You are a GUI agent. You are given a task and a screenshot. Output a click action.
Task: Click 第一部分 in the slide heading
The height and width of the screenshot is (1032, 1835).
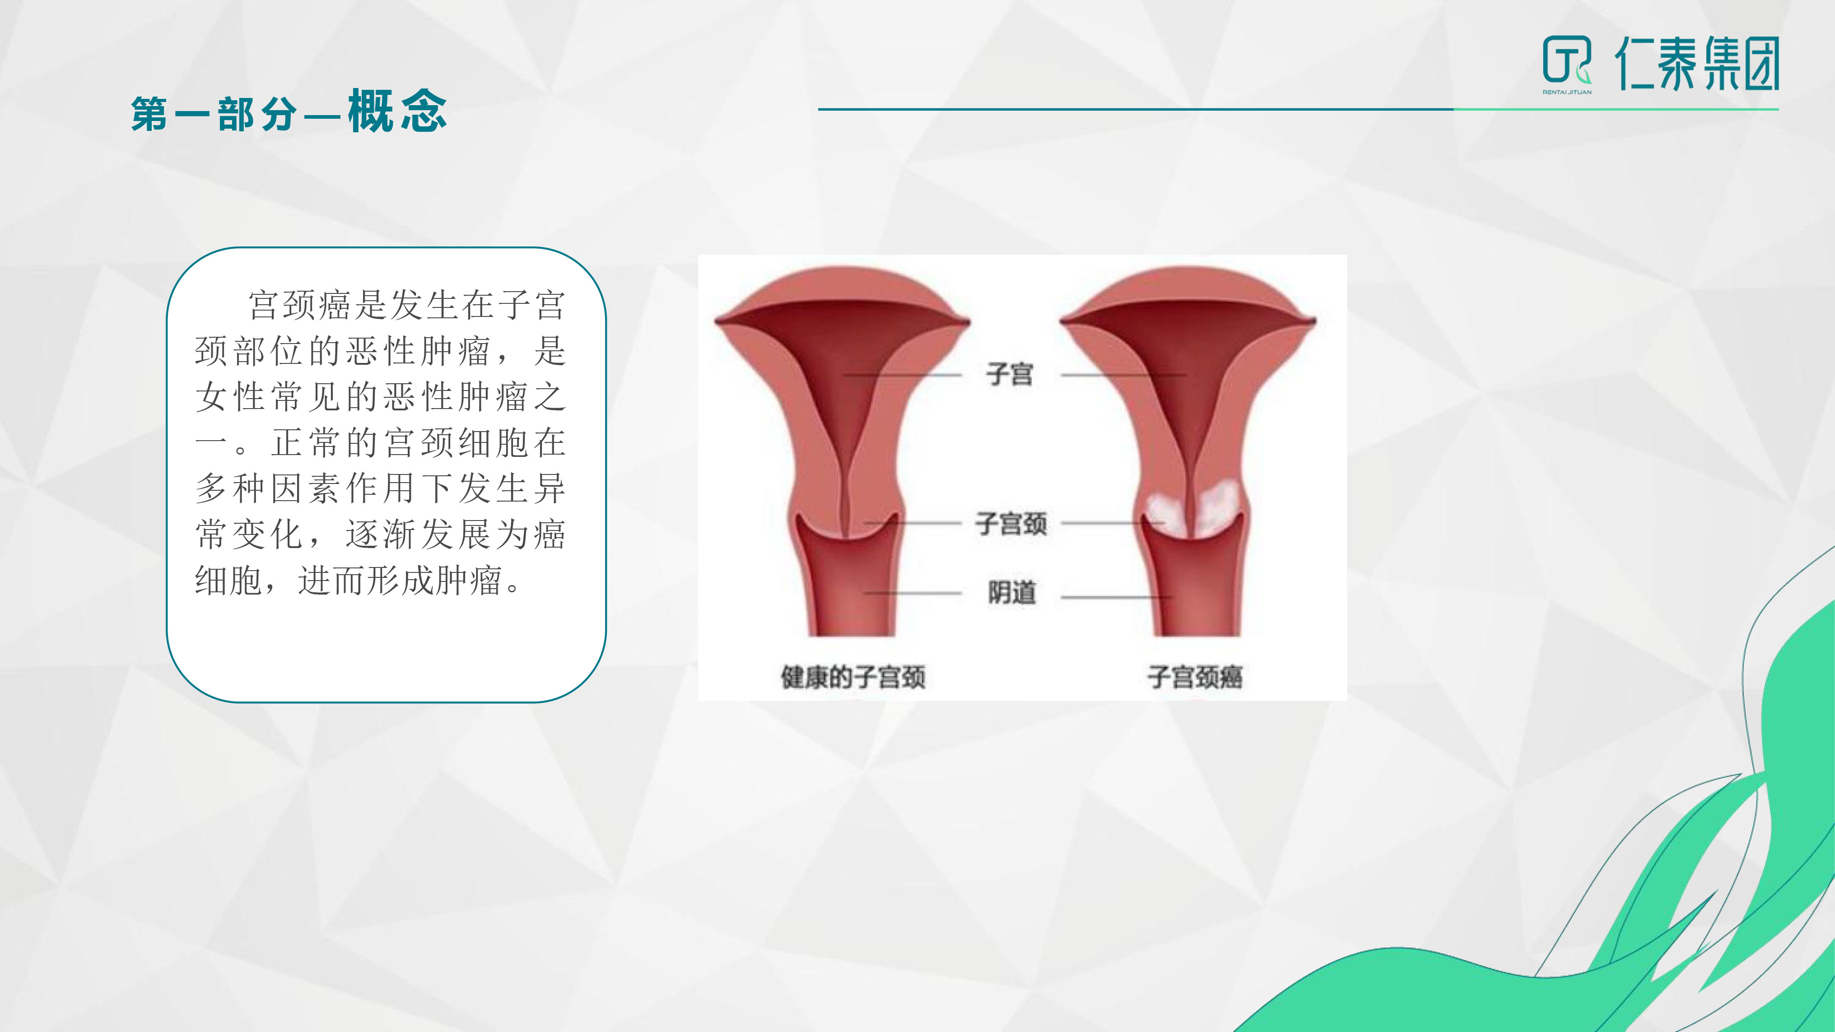pyautogui.click(x=214, y=114)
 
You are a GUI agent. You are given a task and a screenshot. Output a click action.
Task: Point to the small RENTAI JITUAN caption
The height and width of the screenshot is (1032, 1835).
pyautogui.click(x=1567, y=92)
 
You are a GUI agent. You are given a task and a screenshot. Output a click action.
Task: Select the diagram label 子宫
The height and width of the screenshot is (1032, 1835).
pyautogui.click(x=1010, y=374)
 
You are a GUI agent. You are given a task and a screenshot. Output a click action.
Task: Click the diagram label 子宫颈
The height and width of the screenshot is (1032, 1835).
pyautogui.click(x=1011, y=524)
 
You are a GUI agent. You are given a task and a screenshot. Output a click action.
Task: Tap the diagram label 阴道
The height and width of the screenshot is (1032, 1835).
pyautogui.click(x=1011, y=593)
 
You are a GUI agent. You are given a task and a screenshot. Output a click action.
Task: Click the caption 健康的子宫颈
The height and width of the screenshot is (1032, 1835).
pyautogui.click(x=853, y=677)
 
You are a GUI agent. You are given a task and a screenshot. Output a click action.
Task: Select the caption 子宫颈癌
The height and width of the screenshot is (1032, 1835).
pyautogui.click(x=1195, y=677)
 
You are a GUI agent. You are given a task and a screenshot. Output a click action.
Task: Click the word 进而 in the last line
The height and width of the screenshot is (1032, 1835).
pyautogui.click(x=332, y=581)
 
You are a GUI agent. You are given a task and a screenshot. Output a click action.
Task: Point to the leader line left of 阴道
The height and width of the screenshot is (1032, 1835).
pyautogui.click(x=913, y=593)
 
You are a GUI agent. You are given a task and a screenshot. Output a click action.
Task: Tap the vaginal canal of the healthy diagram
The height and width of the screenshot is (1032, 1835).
pyautogui.click(x=846, y=591)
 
